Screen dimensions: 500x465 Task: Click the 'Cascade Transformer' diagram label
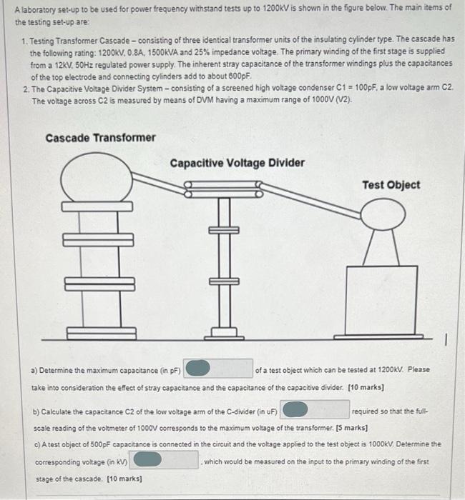(100, 137)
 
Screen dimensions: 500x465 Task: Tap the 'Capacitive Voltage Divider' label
(237, 163)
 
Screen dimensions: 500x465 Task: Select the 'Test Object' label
(391, 185)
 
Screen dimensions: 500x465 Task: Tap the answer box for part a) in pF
(218, 369)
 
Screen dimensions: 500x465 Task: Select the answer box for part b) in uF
(315, 409)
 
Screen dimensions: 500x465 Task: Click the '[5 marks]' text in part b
(351, 427)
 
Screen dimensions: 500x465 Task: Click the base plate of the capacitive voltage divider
(224, 332)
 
